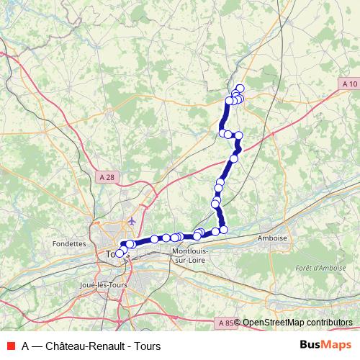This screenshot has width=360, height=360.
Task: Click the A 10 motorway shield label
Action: click(x=349, y=84)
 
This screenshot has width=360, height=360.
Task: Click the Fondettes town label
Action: click(x=69, y=244)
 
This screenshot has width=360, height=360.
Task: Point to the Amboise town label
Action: click(x=272, y=238)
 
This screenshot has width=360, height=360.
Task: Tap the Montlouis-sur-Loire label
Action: click(x=189, y=256)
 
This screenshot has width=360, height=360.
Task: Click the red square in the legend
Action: click(x=9, y=346)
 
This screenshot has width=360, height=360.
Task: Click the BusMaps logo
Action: click(x=325, y=346)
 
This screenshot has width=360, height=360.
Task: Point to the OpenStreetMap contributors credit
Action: click(x=297, y=323)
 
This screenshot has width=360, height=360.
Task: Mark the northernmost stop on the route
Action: click(x=240, y=89)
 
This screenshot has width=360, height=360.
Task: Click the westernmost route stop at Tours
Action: click(x=119, y=253)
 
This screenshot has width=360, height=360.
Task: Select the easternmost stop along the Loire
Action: click(x=224, y=230)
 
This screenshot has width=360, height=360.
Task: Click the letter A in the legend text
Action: click(x=25, y=346)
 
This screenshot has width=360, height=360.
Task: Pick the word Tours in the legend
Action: click(x=147, y=346)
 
